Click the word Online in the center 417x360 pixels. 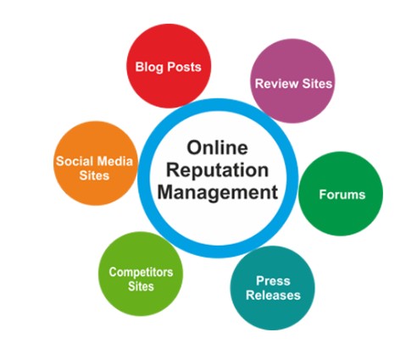[x=218, y=147]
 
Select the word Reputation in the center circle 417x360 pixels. [x=218, y=171]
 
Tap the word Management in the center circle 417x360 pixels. [x=218, y=192]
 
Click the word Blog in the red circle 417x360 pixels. [x=149, y=68]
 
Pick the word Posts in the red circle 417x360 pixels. [x=185, y=67]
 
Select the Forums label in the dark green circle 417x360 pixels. [x=342, y=195]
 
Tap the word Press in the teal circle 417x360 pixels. [x=273, y=281]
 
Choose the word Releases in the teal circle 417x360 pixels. [x=273, y=296]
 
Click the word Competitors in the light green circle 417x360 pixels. [x=141, y=273]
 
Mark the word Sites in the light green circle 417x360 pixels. [x=141, y=286]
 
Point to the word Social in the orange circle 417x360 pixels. [x=75, y=161]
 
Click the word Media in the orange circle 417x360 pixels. [x=114, y=161]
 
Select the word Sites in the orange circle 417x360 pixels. [x=94, y=175]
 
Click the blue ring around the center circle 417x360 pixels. [x=144, y=179]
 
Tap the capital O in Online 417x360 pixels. [x=194, y=147]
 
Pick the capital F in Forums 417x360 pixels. [x=323, y=195]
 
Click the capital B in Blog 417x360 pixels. [x=140, y=67]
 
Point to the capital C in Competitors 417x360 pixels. [x=113, y=272]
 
